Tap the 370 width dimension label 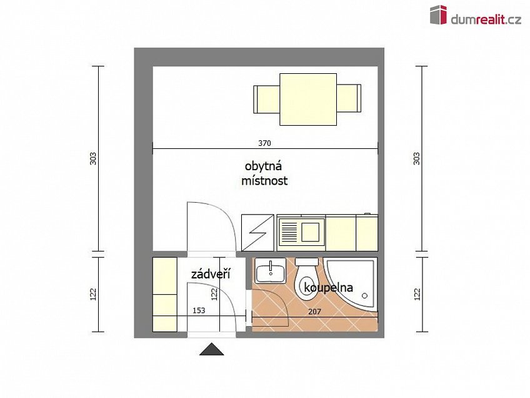pyautogui.click(x=265, y=143)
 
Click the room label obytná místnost pyautogui.click(x=264, y=174)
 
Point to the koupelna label pyautogui.click(x=329, y=288)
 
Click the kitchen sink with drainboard pyautogui.click(x=300, y=232)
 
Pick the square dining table pyautogui.click(x=307, y=99)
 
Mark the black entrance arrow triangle pyautogui.click(x=211, y=349)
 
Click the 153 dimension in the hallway pyautogui.click(x=199, y=310)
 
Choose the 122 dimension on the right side pyautogui.click(x=417, y=293)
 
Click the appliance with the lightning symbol pyautogui.click(x=257, y=232)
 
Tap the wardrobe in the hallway pyautogui.click(x=165, y=293)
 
